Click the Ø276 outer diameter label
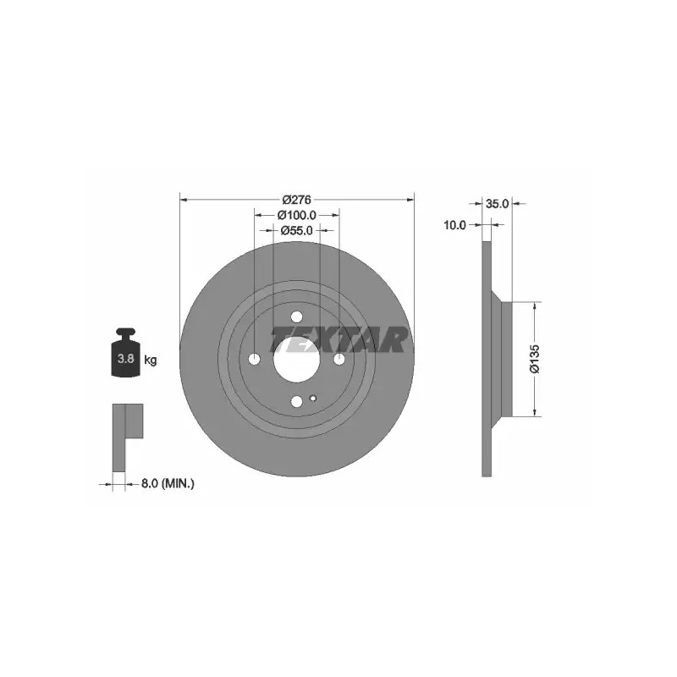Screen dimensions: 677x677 point(297,200)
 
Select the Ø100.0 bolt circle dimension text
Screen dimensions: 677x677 point(297,215)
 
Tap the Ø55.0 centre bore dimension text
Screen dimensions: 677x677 point(297,230)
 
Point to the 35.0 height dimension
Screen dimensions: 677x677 point(498,204)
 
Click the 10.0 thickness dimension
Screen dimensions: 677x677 point(455,225)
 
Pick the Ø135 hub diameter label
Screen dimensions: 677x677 point(535,358)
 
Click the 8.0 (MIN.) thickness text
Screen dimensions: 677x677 point(168,484)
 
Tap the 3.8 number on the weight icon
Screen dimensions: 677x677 point(125,358)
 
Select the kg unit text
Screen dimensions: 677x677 point(151,360)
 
